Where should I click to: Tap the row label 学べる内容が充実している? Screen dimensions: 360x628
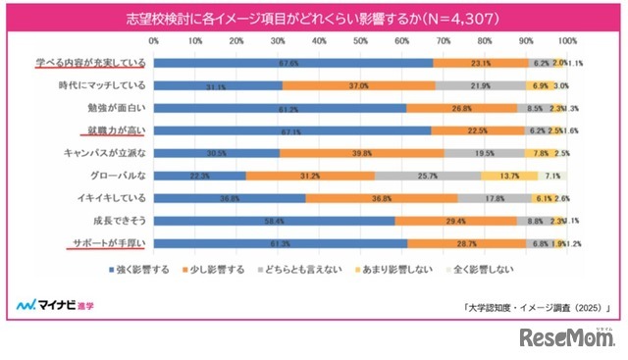[91, 63]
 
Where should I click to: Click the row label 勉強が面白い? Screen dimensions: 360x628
[119, 108]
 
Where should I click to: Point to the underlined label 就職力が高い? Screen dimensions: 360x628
[116, 130]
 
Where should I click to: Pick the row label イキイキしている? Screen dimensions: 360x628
[107, 198]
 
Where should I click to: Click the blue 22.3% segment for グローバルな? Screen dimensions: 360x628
[199, 176]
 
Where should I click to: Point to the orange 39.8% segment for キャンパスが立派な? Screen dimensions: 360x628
[361, 153]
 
